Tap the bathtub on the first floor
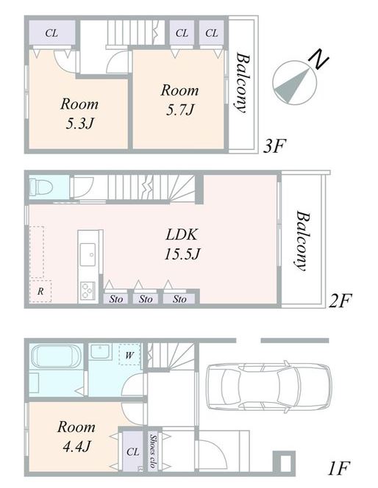coord(56,356)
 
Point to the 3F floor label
coord(274,146)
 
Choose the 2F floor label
coord(340,301)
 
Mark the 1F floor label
coord(339,468)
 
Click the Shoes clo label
coord(153,451)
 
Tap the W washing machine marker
coord(129,355)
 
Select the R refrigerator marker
coord(40,291)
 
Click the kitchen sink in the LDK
coord(88,254)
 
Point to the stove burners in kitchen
coord(88,290)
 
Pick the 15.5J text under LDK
coord(182,254)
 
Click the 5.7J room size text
coord(180,110)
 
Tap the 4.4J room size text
coord(76,447)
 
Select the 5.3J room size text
coord(79,123)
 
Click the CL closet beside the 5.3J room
coord(51,33)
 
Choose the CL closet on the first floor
coord(132,451)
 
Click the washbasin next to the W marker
coord(100,352)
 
